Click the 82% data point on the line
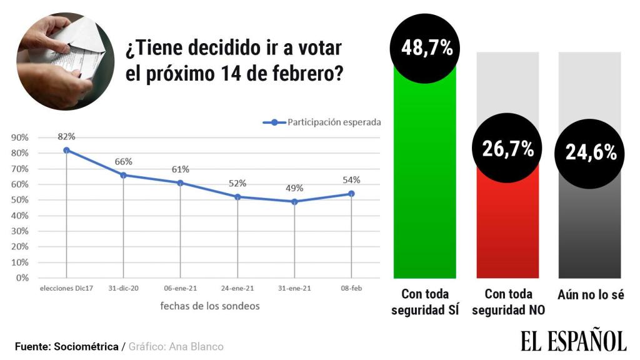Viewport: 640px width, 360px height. [66, 150]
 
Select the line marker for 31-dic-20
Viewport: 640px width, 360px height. [123, 175]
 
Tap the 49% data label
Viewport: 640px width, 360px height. [294, 187]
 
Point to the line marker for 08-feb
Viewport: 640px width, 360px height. [351, 194]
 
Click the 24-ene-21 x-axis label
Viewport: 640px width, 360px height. [237, 289]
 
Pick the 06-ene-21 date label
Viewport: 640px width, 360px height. [180, 289]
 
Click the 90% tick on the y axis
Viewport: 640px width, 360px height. [20, 137]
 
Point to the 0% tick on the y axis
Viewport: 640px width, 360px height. [22, 278]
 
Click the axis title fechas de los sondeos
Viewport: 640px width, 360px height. [209, 306]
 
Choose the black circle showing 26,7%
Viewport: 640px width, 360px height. [507, 149]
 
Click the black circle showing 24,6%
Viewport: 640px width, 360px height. [591, 152]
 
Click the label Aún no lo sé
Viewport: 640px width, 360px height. [591, 294]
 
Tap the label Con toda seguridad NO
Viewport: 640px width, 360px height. [507, 302]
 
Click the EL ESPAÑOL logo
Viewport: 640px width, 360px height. [573, 340]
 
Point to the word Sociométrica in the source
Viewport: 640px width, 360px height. [86, 346]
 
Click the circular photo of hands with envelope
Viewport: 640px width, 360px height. [64, 62]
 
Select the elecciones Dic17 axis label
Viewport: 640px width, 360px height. [66, 289]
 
